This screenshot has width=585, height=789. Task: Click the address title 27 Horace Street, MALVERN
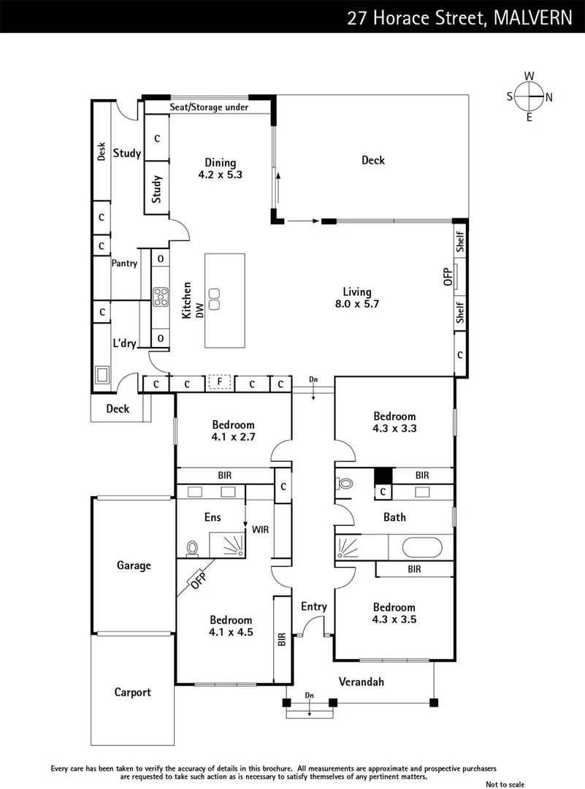click(x=459, y=17)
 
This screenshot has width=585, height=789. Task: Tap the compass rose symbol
click(x=529, y=96)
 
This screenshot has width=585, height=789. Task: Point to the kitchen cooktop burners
click(x=160, y=296)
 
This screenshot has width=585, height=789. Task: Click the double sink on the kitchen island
click(x=215, y=299)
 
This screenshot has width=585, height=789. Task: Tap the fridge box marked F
click(x=219, y=382)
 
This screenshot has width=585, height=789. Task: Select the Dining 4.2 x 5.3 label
click(x=220, y=169)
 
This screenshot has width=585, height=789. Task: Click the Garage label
click(x=134, y=565)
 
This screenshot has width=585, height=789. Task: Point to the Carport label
click(x=132, y=692)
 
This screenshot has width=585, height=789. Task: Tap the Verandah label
click(x=361, y=682)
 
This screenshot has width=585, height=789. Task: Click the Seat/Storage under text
click(x=209, y=107)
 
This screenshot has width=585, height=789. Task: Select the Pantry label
click(x=124, y=264)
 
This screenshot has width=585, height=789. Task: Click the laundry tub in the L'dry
click(x=102, y=376)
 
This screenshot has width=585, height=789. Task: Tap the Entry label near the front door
click(x=314, y=606)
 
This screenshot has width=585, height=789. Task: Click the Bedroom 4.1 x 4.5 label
click(x=232, y=626)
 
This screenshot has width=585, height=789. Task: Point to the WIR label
click(x=260, y=529)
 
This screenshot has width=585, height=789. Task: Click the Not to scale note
click(x=505, y=784)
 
